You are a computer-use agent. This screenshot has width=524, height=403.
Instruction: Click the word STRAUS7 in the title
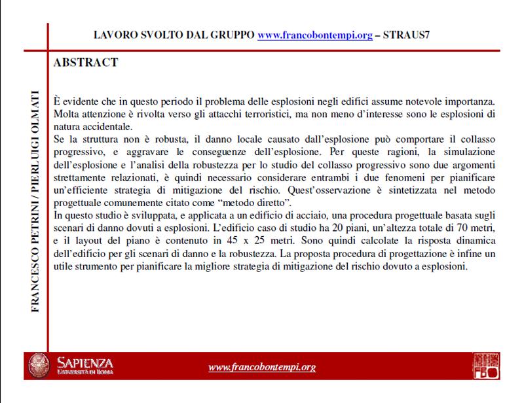tap(407, 34)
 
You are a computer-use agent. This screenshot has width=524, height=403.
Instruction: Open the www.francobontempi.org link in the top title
tap(312, 34)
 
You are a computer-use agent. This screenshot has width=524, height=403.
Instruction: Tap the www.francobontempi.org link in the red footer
tap(262, 367)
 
